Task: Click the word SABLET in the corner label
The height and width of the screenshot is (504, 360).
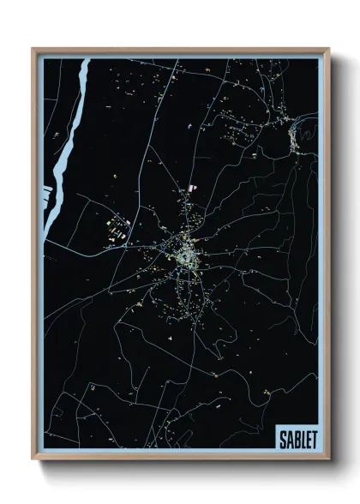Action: point(297,439)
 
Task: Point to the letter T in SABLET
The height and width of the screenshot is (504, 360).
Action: point(314,439)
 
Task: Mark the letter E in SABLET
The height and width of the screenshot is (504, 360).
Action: point(308,439)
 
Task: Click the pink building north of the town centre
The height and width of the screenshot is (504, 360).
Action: point(192,186)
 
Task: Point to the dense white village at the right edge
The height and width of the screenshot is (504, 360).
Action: point(296,137)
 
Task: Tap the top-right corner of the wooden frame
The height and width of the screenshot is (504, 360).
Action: point(327,50)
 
